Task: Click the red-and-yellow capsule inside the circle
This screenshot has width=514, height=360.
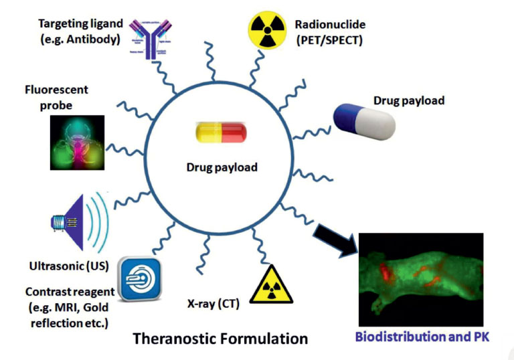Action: (x=221, y=133)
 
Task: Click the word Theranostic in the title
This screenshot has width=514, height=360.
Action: (x=176, y=339)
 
